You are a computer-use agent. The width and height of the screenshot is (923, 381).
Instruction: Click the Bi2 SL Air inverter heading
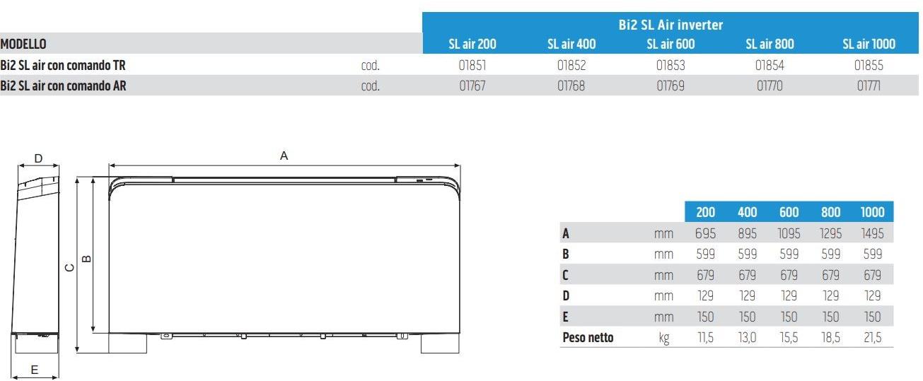coord(671,25)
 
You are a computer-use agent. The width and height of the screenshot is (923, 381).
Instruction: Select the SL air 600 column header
coord(671,44)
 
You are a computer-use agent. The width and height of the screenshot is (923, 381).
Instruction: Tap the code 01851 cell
coord(472,66)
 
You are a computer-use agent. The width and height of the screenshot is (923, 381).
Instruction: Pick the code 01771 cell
coord(869,86)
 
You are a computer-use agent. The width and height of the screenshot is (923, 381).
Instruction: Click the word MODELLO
coord(23,44)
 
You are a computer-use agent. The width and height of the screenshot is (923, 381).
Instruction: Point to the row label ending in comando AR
coord(64,86)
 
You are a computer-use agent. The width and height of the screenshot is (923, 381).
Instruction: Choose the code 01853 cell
coord(671,66)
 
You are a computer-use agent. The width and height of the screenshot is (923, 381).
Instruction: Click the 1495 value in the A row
coord(872,233)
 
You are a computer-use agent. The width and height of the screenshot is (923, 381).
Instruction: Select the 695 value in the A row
coord(705,233)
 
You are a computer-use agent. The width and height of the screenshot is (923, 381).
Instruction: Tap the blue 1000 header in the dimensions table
coord(872,212)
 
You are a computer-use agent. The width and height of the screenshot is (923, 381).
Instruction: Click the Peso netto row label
coord(588,338)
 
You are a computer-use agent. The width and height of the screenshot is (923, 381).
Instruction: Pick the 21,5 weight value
coord(872,338)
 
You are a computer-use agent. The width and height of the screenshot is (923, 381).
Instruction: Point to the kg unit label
coord(663,338)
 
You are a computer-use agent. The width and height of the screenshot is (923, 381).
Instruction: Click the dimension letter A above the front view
coord(284,156)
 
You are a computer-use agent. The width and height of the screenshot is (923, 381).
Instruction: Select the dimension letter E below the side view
coord(34,369)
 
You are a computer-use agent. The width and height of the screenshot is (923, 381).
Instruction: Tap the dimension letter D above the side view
coord(39,158)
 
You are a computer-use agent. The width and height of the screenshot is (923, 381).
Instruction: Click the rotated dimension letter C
coord(69,267)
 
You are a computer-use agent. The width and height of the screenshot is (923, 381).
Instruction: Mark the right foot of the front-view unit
coord(440,343)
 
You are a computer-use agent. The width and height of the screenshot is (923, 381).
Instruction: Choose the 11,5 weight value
coord(705,338)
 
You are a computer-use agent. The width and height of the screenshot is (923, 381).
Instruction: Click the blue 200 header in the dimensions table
coord(705,212)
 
